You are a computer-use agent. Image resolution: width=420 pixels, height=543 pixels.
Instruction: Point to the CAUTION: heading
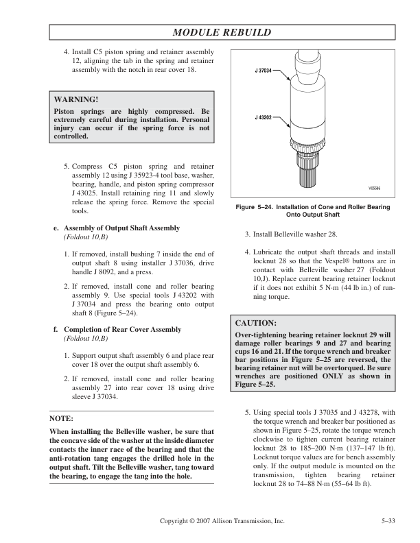point(256,322)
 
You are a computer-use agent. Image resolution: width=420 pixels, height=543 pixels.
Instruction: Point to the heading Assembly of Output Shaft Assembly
point(122,228)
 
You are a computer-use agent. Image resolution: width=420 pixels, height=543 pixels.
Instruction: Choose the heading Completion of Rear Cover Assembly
point(122,330)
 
